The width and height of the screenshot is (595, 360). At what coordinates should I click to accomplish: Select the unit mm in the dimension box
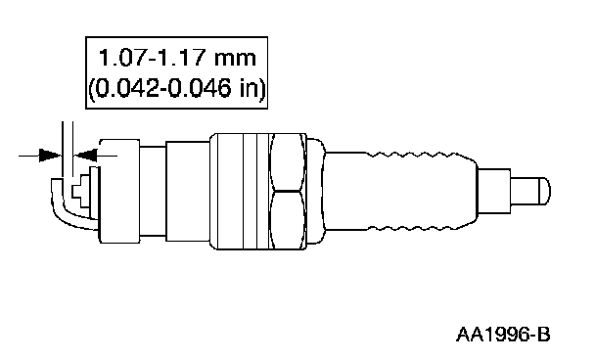click(x=235, y=60)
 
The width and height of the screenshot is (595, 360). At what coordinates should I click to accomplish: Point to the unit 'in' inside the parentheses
click(x=249, y=88)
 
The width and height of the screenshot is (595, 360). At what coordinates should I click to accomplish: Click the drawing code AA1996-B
click(x=503, y=335)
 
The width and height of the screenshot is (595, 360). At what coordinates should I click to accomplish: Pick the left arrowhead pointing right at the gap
click(x=50, y=156)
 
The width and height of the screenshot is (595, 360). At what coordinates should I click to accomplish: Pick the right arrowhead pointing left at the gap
click(x=85, y=156)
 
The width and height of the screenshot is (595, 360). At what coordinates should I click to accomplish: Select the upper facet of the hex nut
click(x=288, y=162)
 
